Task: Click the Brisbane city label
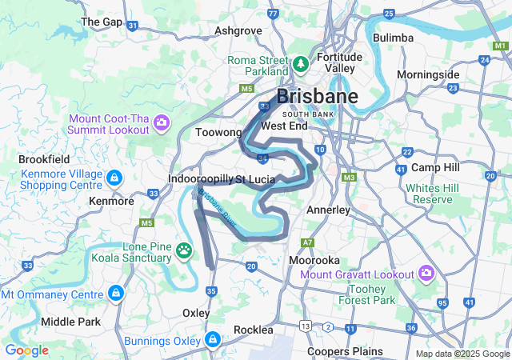317,97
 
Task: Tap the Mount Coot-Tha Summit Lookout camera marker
162,123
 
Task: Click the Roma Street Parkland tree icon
301,62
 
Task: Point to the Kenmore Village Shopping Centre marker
114,176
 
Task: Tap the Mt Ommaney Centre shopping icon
118,294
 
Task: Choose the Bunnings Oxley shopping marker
213,341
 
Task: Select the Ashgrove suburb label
238,31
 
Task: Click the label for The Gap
102,22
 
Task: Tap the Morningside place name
428,74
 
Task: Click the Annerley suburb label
329,210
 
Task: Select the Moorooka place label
314,261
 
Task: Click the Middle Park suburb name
70,322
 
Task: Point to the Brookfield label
44,159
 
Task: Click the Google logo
27,350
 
